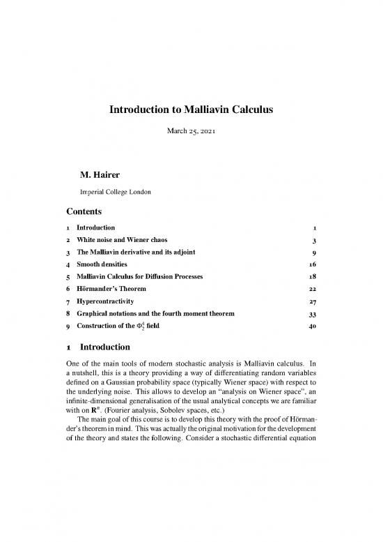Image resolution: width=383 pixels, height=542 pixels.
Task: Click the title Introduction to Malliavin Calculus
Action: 191,109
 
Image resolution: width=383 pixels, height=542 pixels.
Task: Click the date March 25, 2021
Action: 191,131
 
